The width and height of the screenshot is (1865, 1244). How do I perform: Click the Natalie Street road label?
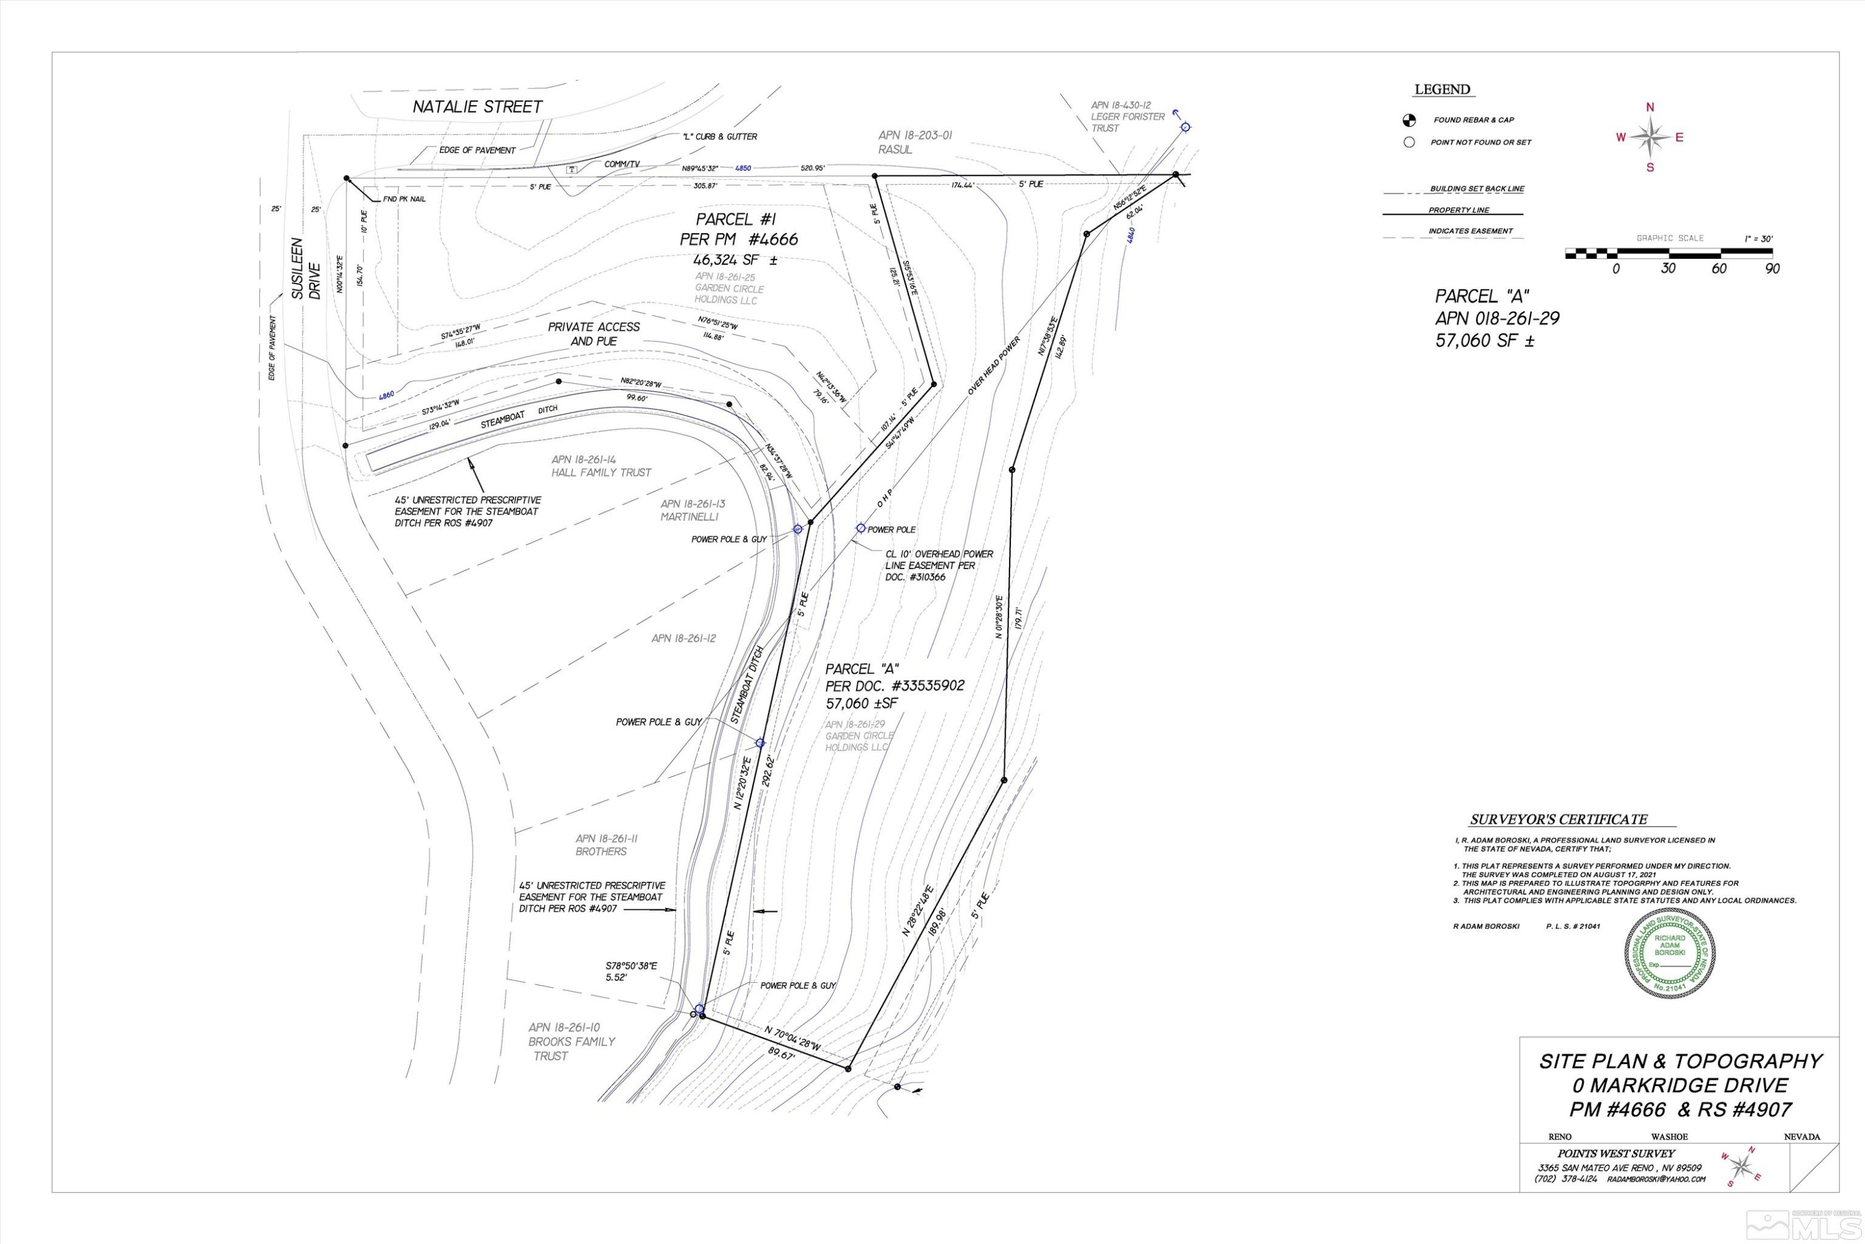coord(477,106)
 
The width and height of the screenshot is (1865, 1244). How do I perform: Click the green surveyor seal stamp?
coord(1669,952)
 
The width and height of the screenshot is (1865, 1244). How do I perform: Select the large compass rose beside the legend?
coord(1649,138)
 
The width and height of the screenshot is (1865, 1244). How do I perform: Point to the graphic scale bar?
coord(1669,254)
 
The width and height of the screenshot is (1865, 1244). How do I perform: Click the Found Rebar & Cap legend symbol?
coord(1409,121)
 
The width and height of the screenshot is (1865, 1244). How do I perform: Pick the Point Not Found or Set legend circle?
coord(1409,143)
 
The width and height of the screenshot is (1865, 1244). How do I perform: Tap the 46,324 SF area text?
coord(735,260)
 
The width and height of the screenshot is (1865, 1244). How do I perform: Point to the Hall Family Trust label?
coord(601,473)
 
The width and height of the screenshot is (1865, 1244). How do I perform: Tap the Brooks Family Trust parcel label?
coord(572,1042)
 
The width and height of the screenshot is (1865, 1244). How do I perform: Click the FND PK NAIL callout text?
coord(405,199)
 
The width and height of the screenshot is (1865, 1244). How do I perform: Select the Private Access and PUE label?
coord(593,334)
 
